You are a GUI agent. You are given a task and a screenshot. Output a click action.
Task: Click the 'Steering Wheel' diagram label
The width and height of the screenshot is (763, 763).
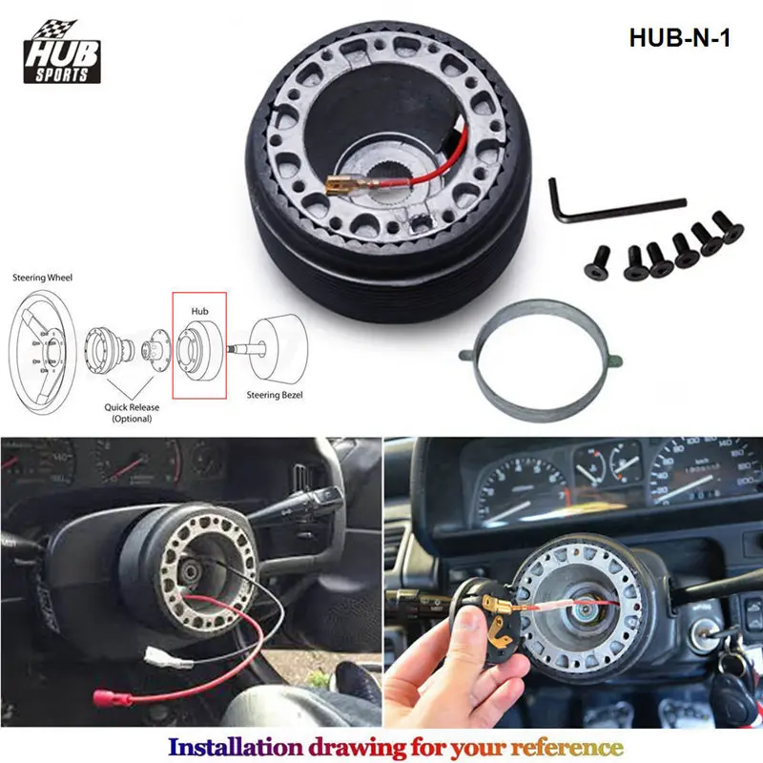[42, 278]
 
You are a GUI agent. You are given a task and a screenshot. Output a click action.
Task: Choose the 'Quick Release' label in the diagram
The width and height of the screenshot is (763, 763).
[131, 407]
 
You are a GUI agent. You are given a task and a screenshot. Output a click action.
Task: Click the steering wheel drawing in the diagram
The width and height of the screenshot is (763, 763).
[43, 344]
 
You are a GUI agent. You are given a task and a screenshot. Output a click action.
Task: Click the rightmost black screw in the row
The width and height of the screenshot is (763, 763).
[727, 228]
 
